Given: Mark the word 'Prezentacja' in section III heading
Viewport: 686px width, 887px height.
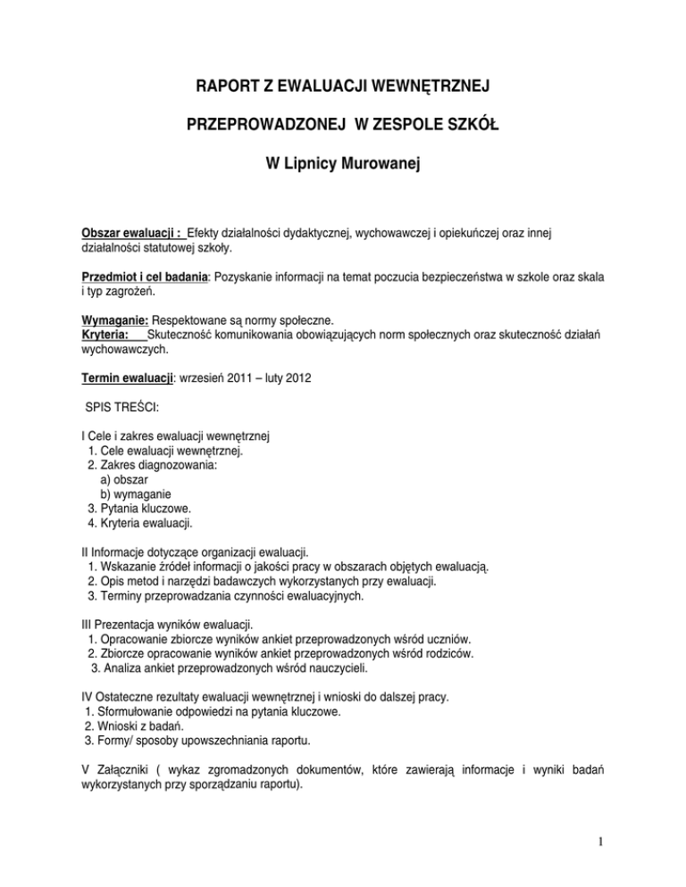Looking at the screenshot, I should pos(121,622).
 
